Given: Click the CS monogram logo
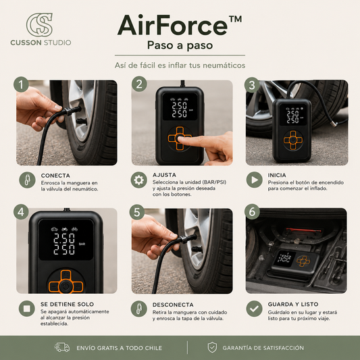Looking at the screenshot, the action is [x=39, y=25].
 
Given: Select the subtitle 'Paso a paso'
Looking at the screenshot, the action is [x=180, y=45].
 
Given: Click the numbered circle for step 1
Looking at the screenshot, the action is [x=21, y=84].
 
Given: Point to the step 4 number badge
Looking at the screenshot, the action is [x=21, y=211].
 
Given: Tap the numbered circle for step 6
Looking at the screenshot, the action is [x=252, y=211].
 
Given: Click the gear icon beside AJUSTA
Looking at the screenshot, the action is [x=139, y=180].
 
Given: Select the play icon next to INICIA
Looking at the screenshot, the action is [x=255, y=180].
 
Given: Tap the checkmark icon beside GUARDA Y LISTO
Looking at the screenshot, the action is [x=254, y=309].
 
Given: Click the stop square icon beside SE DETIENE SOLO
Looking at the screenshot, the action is [x=27, y=309].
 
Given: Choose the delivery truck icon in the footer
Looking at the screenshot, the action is [x=61, y=347].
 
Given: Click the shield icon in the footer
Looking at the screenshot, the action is [x=212, y=347].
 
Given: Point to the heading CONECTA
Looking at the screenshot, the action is [x=55, y=176].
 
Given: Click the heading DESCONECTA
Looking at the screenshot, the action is [x=173, y=305].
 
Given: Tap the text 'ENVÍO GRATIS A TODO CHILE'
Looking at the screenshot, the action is [x=119, y=348].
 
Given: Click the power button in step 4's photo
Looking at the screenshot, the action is [x=66, y=286].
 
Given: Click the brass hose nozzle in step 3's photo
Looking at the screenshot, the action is [x=333, y=124].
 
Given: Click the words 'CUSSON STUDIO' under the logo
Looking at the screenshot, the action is [x=41, y=43].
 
